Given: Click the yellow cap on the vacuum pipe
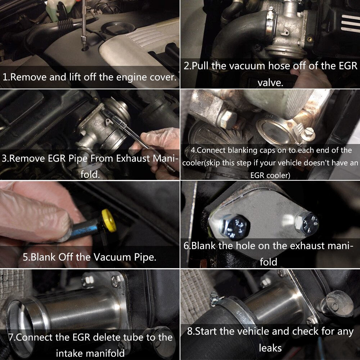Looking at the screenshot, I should (x=109, y=220).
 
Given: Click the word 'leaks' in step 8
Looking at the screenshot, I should (x=270, y=348).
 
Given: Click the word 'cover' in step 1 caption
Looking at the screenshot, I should (x=159, y=77).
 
